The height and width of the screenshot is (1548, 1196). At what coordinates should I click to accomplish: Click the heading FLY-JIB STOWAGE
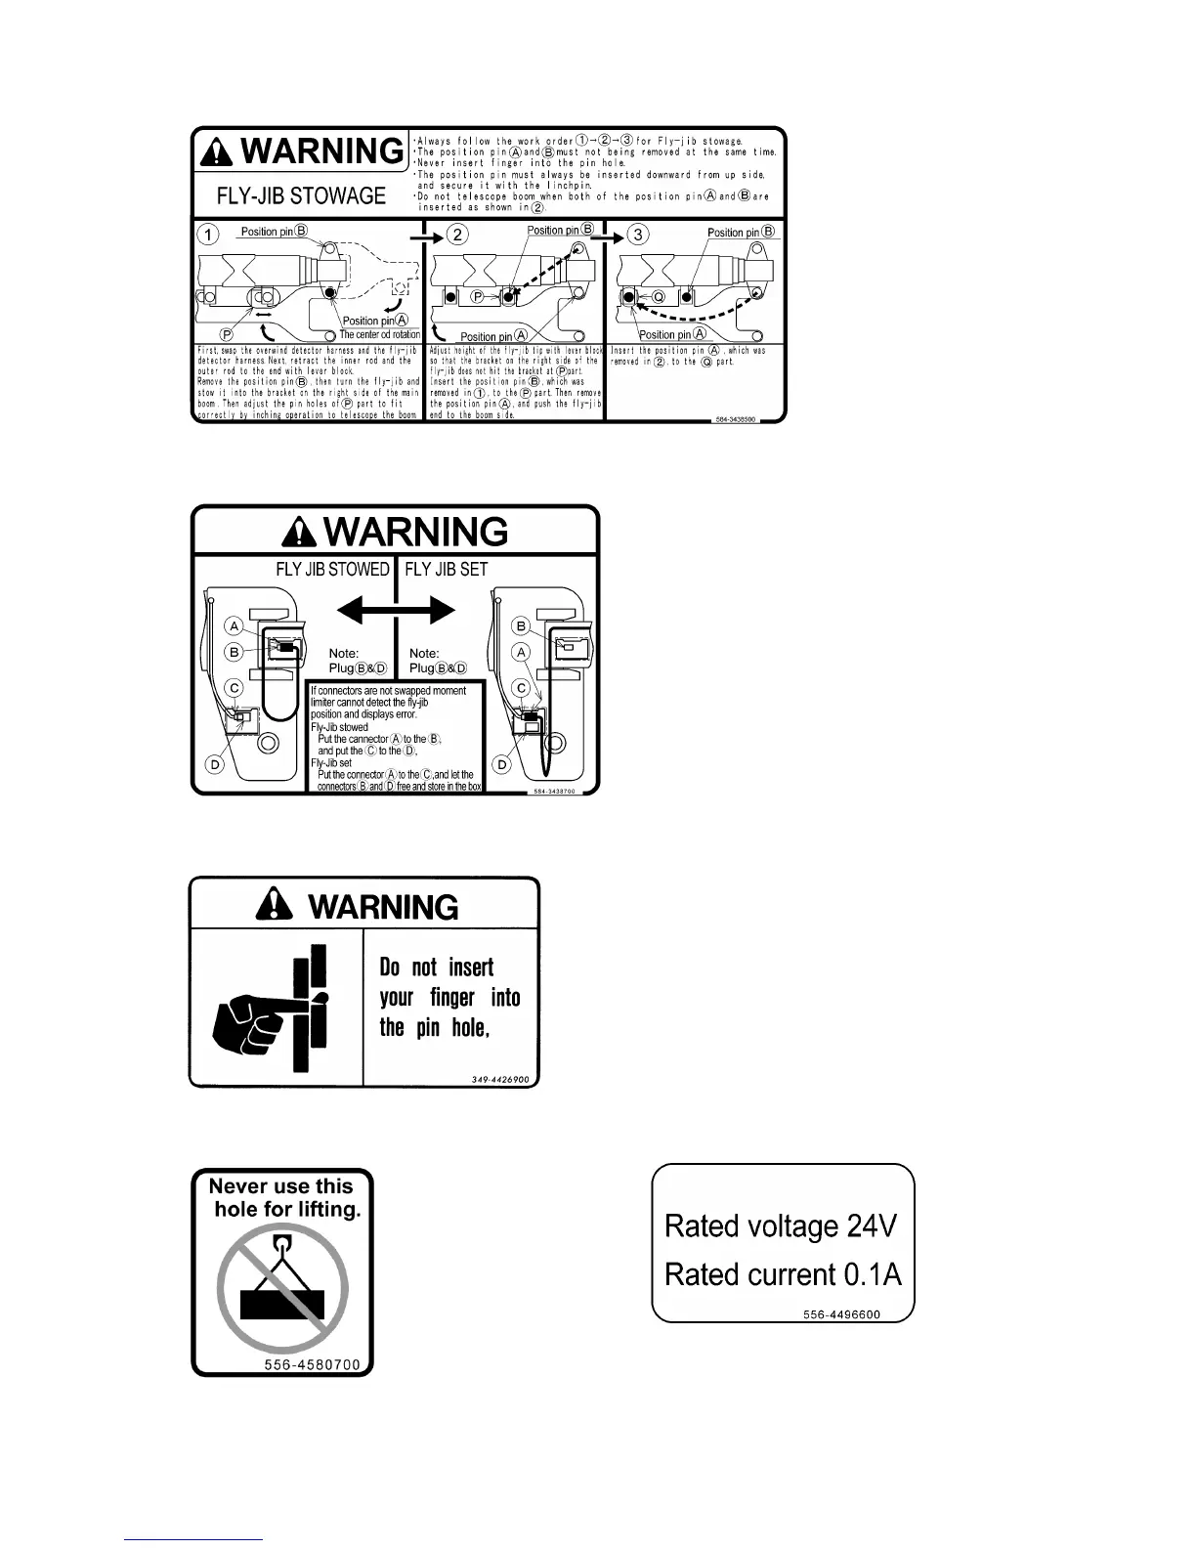click(301, 195)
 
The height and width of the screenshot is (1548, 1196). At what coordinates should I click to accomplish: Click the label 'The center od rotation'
click(380, 334)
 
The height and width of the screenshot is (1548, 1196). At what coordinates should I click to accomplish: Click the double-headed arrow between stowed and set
click(396, 612)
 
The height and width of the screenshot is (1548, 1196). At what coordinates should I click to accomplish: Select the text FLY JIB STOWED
click(333, 570)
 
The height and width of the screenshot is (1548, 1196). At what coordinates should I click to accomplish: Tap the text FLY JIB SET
click(447, 570)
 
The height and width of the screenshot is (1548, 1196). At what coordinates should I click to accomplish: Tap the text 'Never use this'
click(280, 1186)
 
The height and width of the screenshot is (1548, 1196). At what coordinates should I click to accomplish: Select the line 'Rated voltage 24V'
click(780, 1225)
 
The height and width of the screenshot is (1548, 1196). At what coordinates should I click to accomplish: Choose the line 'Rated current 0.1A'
click(783, 1274)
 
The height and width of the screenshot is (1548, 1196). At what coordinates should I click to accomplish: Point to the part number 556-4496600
click(841, 1314)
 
